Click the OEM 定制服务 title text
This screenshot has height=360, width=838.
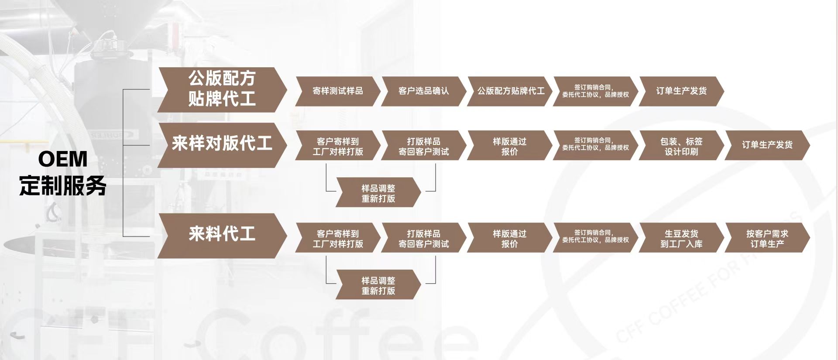click(x=63, y=172)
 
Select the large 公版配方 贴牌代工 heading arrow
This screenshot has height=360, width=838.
click(x=222, y=89)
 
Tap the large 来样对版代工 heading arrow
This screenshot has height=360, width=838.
click(x=222, y=144)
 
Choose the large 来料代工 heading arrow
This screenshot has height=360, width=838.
click(x=222, y=235)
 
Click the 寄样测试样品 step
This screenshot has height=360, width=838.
click(x=337, y=91)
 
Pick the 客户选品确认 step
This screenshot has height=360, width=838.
click(x=423, y=91)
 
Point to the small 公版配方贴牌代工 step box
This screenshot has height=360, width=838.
click(x=510, y=91)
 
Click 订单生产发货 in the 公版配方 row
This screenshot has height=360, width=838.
click(x=681, y=91)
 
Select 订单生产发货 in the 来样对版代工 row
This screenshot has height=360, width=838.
click(x=767, y=145)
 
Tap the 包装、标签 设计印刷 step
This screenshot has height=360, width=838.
click(x=681, y=146)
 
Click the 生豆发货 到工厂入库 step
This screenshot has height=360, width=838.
click(x=681, y=238)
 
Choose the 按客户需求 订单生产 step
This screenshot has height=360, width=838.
click(x=767, y=238)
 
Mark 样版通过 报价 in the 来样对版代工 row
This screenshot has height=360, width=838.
click(x=509, y=146)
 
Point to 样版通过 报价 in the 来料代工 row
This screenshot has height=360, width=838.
click(x=509, y=238)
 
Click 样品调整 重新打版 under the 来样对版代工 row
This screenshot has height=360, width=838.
click(x=378, y=193)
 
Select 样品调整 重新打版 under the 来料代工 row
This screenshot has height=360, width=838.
click(x=378, y=285)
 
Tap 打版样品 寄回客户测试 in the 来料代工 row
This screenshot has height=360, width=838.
click(x=423, y=238)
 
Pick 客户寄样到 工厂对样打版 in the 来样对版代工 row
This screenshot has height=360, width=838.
click(x=337, y=146)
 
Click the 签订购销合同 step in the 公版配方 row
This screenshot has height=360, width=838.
click(x=595, y=91)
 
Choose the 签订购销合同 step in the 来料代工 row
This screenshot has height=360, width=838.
click(x=595, y=237)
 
